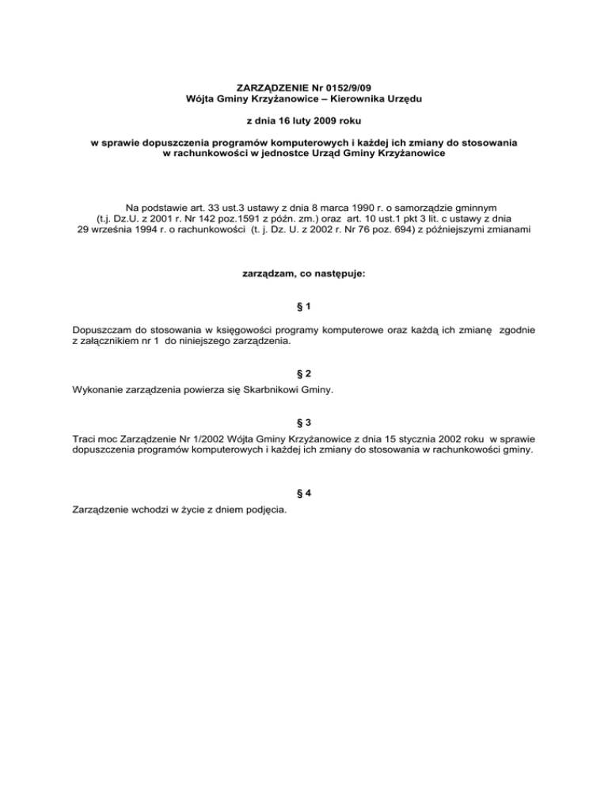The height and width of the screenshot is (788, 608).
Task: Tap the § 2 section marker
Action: coord(304,418)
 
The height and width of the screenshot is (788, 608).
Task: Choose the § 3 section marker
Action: coord(304,469)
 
